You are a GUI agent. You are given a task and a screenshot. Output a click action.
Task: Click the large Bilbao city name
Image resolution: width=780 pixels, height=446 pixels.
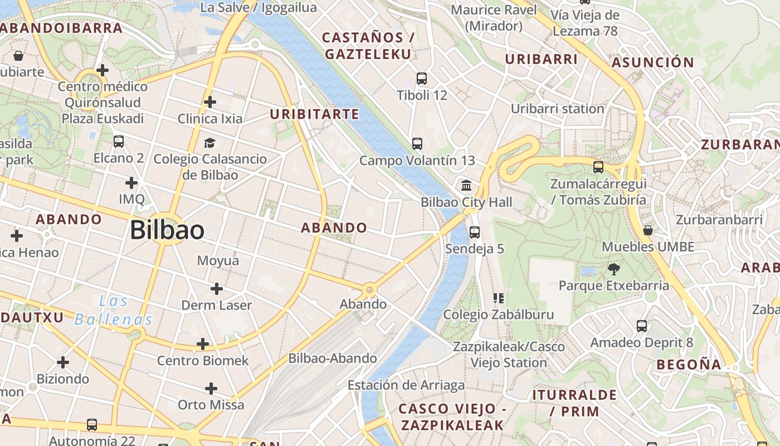(x=167, y=230)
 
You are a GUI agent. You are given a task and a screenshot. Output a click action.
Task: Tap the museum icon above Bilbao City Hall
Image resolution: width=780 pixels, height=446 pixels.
(x=466, y=185)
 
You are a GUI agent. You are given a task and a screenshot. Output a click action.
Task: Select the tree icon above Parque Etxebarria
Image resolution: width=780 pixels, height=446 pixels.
(x=614, y=270)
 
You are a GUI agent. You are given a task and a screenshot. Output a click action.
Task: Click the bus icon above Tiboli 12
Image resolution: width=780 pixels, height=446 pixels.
(x=422, y=79)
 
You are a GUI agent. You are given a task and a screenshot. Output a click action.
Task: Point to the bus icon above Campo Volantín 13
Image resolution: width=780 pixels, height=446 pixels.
(x=417, y=144)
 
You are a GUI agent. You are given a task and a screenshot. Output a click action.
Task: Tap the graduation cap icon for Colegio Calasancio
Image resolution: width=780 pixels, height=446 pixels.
(x=209, y=143)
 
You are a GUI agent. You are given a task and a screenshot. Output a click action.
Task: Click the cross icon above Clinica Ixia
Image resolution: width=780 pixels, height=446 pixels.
(x=210, y=102)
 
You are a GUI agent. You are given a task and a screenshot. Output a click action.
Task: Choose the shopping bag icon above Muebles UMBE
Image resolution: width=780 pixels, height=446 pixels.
(x=647, y=230)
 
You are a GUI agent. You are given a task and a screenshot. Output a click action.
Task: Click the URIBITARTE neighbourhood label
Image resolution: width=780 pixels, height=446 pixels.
(x=314, y=114)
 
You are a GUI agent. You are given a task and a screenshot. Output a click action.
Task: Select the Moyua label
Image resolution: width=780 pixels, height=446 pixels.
(x=218, y=260)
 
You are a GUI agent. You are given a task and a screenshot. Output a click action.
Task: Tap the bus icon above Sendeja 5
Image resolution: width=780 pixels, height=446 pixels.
(x=475, y=232)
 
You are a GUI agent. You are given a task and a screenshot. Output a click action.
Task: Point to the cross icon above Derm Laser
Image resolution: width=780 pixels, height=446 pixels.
(x=217, y=289)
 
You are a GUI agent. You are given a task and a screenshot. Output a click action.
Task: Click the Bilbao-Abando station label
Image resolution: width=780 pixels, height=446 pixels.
(x=333, y=358)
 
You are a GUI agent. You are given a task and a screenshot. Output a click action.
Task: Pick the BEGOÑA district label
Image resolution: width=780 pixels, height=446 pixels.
(x=689, y=365)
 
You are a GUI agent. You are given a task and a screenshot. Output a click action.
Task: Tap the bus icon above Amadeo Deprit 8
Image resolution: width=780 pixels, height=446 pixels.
(x=642, y=326)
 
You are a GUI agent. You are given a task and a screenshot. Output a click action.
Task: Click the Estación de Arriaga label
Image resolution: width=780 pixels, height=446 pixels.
(x=406, y=385)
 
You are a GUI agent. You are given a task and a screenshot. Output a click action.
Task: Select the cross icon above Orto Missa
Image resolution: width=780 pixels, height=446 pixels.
(x=211, y=389)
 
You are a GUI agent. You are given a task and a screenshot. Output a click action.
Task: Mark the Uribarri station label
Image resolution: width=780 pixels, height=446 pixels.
(x=557, y=109)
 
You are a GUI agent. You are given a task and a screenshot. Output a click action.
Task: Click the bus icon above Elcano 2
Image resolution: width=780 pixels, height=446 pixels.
(x=119, y=142)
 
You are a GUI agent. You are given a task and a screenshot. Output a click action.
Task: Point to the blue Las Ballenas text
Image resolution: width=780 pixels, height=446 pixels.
(x=114, y=311)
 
